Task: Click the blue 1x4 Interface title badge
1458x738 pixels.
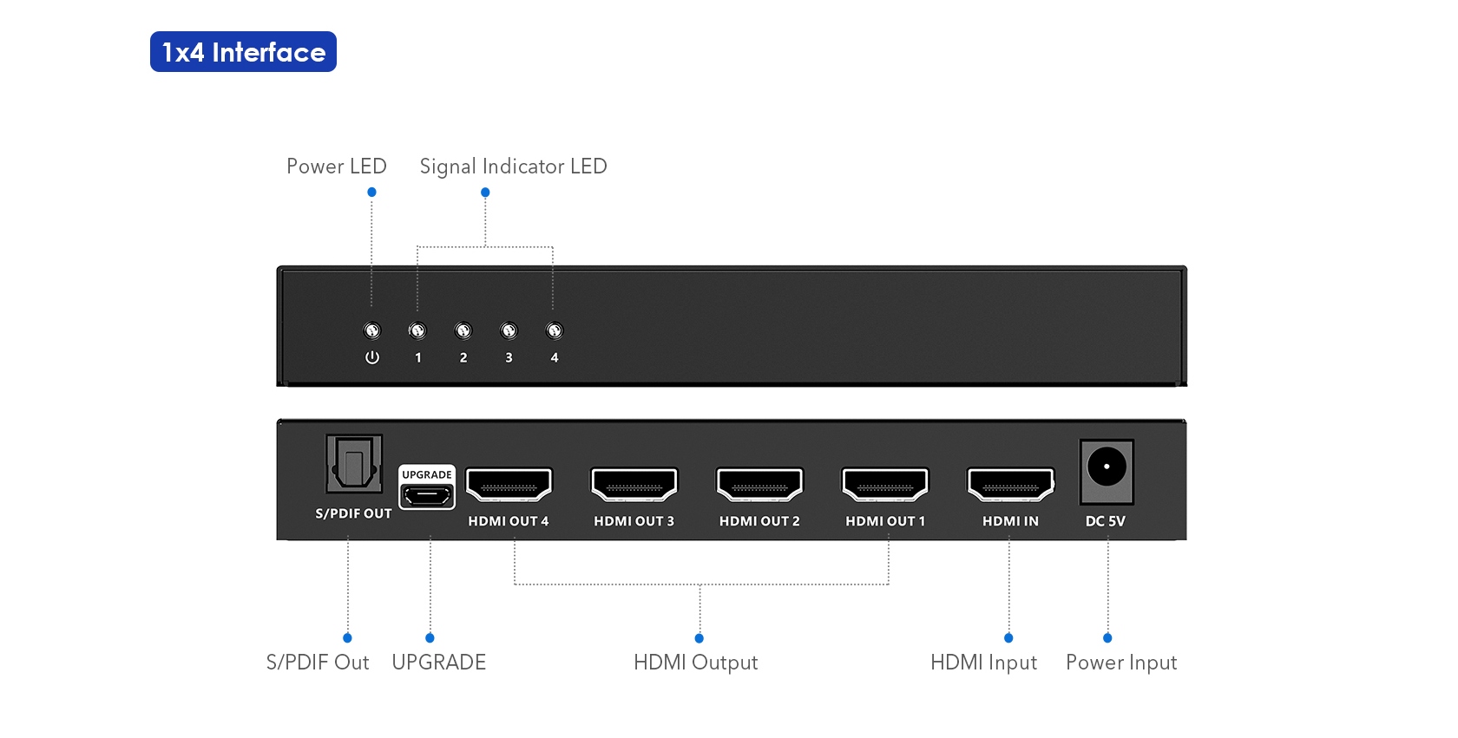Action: tap(243, 52)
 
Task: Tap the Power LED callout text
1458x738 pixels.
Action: tap(336, 167)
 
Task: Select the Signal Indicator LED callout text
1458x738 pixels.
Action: tap(513, 167)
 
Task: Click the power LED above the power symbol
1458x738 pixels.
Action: tap(371, 330)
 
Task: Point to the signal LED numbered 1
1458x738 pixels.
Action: tap(417, 330)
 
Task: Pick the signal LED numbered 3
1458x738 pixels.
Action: tap(509, 330)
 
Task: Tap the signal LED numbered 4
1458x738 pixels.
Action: tap(554, 330)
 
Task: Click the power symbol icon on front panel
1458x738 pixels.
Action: tap(372, 357)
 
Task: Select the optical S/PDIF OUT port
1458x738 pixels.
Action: tap(353, 466)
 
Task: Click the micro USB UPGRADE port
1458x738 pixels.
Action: tap(426, 496)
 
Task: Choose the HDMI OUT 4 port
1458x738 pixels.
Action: tap(509, 485)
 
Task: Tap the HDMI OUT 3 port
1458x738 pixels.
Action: tap(634, 485)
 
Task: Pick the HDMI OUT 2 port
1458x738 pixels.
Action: tap(759, 485)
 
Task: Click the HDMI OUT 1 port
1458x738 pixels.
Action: tap(885, 485)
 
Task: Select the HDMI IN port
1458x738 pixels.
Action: tap(1011, 485)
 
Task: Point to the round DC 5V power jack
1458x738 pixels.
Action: tap(1107, 467)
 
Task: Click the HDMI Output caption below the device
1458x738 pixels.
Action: tap(695, 663)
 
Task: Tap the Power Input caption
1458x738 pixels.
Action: tap(1121, 663)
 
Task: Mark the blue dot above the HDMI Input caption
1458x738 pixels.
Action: tap(1008, 637)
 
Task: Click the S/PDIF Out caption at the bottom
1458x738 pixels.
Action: tap(318, 663)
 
